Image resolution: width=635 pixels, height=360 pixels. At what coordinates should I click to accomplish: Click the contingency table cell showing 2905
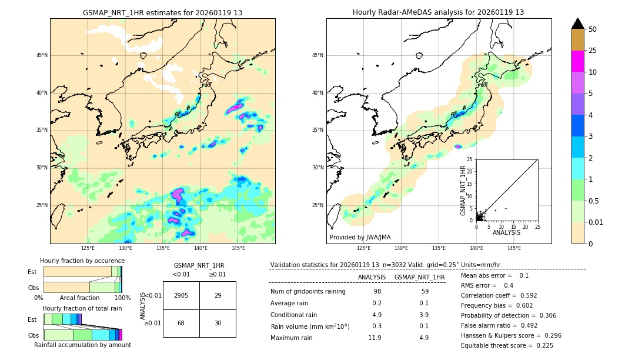pyautogui.click(x=181, y=295)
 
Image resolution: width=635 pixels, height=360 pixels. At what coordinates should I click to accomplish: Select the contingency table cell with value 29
pyautogui.click(x=218, y=295)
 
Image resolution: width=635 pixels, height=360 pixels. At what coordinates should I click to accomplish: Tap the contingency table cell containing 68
pyautogui.click(x=181, y=324)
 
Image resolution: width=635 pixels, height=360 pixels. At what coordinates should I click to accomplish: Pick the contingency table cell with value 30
pyautogui.click(x=218, y=324)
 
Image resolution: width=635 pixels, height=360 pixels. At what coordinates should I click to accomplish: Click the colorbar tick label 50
pyautogui.click(x=593, y=29)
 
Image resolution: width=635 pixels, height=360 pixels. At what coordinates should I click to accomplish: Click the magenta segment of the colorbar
pyautogui.click(x=578, y=61)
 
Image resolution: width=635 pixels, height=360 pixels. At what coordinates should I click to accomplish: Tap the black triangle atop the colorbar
pyautogui.click(x=578, y=24)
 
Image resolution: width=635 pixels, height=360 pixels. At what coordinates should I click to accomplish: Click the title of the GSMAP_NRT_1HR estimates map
pyautogui.click(x=162, y=12)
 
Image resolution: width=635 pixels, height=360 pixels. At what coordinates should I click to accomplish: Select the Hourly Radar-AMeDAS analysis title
pyautogui.click(x=438, y=12)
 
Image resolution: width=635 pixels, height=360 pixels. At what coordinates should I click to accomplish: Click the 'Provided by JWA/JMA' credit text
pyautogui.click(x=360, y=237)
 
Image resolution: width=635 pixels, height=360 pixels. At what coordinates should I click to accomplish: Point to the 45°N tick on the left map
pyautogui.click(x=42, y=55)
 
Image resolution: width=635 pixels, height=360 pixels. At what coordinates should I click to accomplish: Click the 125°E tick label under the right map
pyautogui.click(x=364, y=248)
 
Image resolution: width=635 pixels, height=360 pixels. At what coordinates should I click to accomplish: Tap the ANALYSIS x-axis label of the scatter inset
pyautogui.click(x=506, y=232)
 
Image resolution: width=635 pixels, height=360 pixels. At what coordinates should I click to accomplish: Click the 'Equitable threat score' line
pyautogui.click(x=507, y=345)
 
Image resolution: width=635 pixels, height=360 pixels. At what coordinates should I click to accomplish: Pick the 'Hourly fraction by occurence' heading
pyautogui.click(x=82, y=261)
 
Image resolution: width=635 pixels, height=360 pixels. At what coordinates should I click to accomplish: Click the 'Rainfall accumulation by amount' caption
pyautogui.click(x=82, y=345)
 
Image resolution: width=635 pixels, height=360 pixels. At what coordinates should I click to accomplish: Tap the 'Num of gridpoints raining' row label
pyautogui.click(x=308, y=291)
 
